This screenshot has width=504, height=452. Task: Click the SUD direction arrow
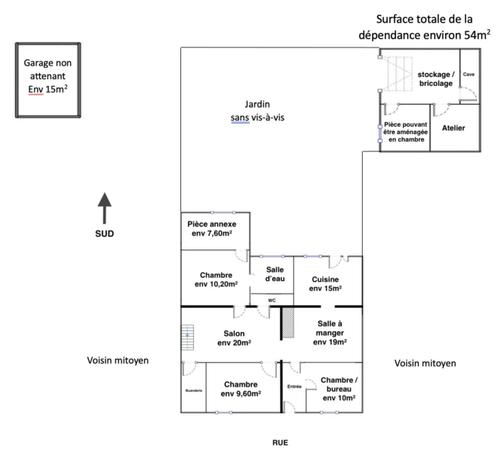[x=104, y=208]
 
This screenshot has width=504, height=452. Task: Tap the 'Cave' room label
[x=469, y=74]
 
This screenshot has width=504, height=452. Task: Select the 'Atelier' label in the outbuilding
[x=453, y=128]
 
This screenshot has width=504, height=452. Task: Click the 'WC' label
[x=272, y=301]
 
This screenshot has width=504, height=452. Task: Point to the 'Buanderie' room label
[x=194, y=390]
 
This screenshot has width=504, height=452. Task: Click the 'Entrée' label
[x=294, y=386]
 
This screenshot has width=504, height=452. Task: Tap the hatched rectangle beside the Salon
[x=288, y=322]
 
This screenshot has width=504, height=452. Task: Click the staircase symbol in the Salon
[x=187, y=337]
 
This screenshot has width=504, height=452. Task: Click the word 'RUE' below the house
[x=280, y=443]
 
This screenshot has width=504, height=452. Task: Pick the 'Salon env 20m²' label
[x=234, y=338]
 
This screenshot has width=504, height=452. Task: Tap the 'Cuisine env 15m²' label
[x=325, y=284]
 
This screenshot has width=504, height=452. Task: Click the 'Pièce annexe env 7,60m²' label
[x=212, y=228]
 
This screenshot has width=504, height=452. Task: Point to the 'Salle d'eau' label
[x=275, y=274]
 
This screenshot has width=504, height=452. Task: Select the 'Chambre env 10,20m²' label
[x=216, y=279]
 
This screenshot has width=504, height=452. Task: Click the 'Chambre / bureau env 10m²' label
[x=339, y=389]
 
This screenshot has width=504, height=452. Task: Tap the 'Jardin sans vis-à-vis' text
[x=257, y=111]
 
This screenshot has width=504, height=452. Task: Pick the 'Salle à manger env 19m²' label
[x=330, y=333]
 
